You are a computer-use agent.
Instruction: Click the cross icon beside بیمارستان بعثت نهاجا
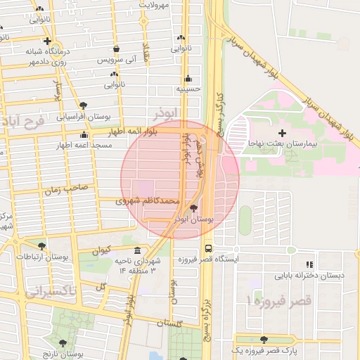pyautogui.click(x=282, y=132)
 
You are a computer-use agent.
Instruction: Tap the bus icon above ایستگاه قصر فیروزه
pyautogui.click(x=208, y=247)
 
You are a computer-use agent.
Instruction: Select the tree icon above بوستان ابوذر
pyautogui.click(x=194, y=208)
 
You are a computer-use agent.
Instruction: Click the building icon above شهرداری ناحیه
pyautogui.click(x=136, y=251)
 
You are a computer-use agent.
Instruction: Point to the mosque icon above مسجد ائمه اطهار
pyautogui.click(x=84, y=134)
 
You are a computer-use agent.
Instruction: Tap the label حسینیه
pyautogui.click(x=188, y=89)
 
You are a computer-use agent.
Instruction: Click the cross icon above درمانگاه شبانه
pyautogui.click(x=46, y=41)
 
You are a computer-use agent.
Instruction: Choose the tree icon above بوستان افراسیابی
pyautogui.click(x=84, y=105)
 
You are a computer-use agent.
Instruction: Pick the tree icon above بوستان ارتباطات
pyautogui.click(x=42, y=246)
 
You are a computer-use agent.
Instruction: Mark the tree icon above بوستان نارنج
pyautogui.click(x=63, y=343)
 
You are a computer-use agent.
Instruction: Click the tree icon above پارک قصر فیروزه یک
pyautogui.click(x=264, y=340)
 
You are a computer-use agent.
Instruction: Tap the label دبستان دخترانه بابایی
pyautogui.click(x=310, y=275)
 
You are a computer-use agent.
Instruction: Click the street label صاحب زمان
pyautogui.click(x=66, y=189)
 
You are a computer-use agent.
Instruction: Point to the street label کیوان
pyautogui.click(x=101, y=250)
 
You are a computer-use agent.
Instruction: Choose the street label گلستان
pyautogui.click(x=170, y=323)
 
